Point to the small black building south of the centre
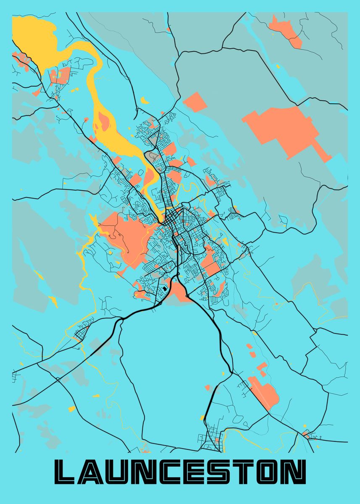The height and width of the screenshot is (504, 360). click(x=165, y=289)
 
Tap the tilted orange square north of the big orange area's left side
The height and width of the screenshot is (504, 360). click(x=194, y=102)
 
